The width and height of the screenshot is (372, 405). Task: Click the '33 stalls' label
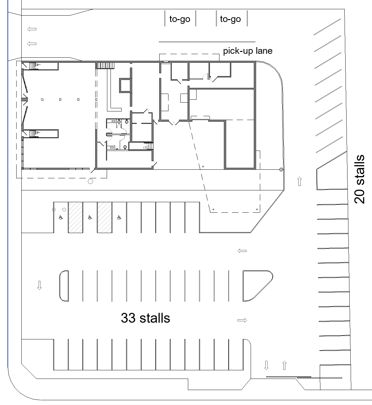(146, 318)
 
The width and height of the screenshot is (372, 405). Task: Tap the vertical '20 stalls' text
(360, 179)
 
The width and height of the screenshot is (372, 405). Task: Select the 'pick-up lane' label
(247, 51)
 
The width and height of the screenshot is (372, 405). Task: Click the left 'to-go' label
(180, 19)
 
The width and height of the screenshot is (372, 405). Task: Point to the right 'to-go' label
(231, 19)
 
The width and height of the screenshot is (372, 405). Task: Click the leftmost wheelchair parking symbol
(61, 217)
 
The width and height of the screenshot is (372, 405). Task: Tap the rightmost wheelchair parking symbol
(119, 217)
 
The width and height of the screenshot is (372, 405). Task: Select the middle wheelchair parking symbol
(90, 217)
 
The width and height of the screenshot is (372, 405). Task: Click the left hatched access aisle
(75, 217)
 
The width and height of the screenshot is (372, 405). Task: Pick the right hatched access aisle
(104, 217)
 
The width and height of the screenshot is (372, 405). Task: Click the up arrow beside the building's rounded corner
(299, 181)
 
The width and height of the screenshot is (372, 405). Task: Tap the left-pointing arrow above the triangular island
(242, 251)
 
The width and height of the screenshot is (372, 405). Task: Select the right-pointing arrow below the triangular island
(242, 320)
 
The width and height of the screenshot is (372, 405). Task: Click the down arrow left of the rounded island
(39, 285)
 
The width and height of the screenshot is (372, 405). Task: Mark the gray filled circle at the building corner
(281, 170)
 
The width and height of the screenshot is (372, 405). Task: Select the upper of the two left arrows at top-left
(32, 29)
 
